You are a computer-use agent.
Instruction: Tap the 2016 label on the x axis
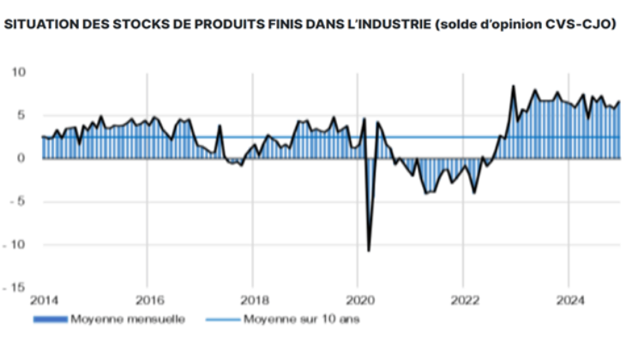point(147,301)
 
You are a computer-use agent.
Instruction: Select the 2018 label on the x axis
point(252,301)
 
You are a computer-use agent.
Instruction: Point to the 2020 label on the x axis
point(358,301)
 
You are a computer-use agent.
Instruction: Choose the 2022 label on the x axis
point(464,301)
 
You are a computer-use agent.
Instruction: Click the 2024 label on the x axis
point(569,301)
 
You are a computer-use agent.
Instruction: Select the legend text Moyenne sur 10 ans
point(292,321)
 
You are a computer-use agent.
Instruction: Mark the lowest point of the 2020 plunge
point(369,251)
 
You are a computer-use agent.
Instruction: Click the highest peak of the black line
point(513,86)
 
